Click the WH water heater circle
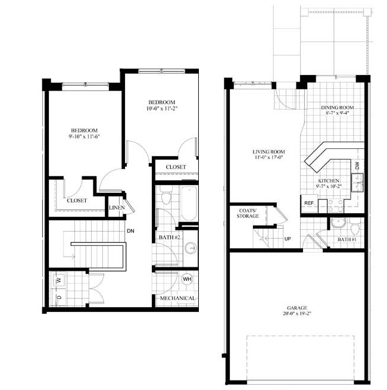(x=187, y=279)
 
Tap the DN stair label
(x=130, y=231)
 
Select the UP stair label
(x=288, y=239)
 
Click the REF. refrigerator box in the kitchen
(x=309, y=203)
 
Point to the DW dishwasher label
(x=357, y=166)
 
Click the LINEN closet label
(x=117, y=207)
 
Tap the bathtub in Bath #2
(x=189, y=203)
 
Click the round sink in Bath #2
(x=191, y=248)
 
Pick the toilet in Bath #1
(x=355, y=226)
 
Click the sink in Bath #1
(x=338, y=223)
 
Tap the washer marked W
(x=58, y=280)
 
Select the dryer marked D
(x=58, y=297)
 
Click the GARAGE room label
(x=297, y=308)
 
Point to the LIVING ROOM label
(x=269, y=152)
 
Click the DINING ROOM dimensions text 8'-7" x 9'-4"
(x=337, y=113)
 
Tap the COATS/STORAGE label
(x=248, y=213)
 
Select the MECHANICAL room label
(x=177, y=298)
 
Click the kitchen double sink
(x=357, y=183)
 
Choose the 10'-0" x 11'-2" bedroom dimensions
(x=162, y=108)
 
